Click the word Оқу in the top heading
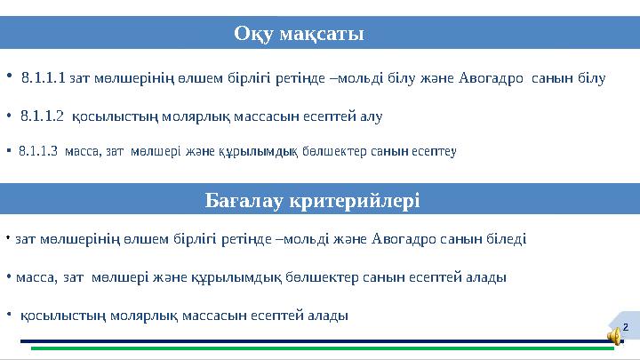click(253, 34)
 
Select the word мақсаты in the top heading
click(321, 34)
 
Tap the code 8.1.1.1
click(44, 78)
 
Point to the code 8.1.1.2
click(42, 115)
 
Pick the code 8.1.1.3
click(37, 151)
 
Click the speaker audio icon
click(614, 333)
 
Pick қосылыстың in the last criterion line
click(54, 315)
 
